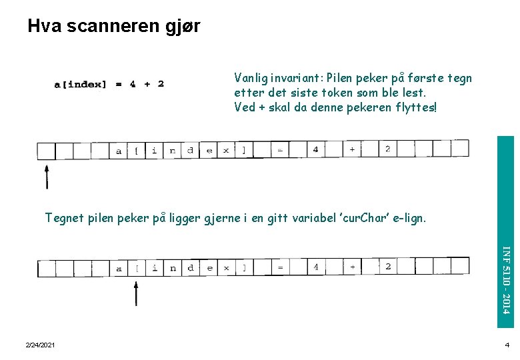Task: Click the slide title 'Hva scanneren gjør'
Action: (113, 26)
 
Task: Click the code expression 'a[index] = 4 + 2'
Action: (109, 84)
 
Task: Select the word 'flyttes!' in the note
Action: (415, 107)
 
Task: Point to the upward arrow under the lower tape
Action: (136, 293)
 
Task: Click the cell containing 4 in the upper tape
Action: (315, 149)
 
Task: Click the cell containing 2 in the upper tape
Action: (387, 149)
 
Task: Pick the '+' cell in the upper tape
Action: (351, 149)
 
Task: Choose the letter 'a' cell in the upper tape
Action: (119, 151)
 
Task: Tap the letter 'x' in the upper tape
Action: (226, 151)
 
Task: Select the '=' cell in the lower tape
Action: (280, 268)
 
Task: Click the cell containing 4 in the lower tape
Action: (315, 267)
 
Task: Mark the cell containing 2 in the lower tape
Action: (387, 267)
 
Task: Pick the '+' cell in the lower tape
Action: (351, 267)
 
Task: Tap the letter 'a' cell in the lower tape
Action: (119, 269)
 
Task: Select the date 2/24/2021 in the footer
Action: (40, 345)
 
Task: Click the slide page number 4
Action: (507, 345)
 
